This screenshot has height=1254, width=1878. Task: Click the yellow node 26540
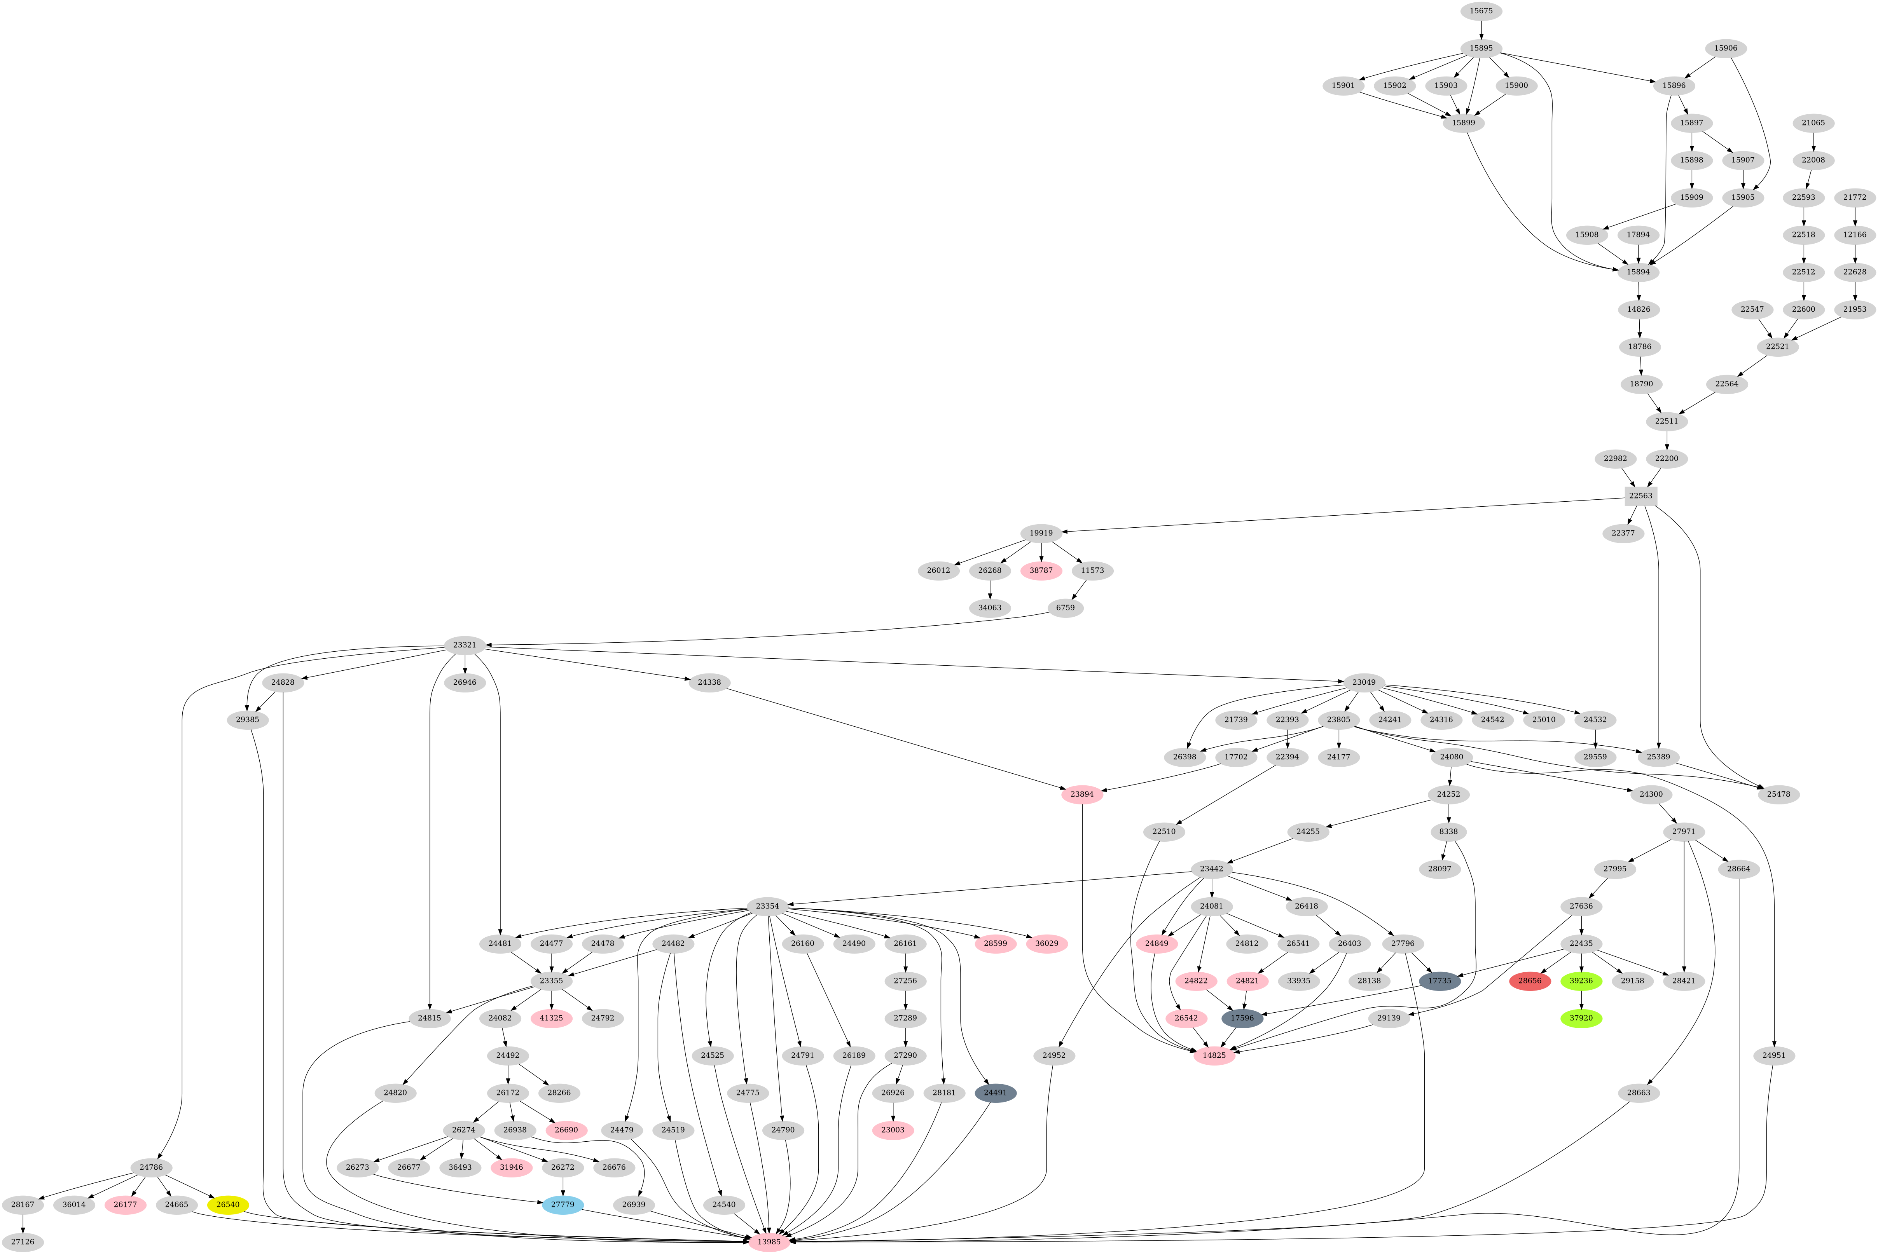(x=228, y=1204)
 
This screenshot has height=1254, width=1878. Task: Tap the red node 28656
(x=1530, y=980)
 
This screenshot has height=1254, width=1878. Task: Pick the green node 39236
(x=1581, y=980)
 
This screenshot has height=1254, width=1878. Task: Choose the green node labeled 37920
(x=1581, y=1018)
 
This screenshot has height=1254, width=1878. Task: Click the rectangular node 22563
(x=1640, y=496)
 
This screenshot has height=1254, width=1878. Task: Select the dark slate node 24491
(x=996, y=1092)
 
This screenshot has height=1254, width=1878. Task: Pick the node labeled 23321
(x=465, y=645)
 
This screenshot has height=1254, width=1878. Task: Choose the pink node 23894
(x=1082, y=794)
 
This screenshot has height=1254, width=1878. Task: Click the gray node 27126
(x=23, y=1242)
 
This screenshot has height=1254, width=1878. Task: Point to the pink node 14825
(x=1214, y=1056)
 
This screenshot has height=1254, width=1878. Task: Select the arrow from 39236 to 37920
(x=1581, y=1000)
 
